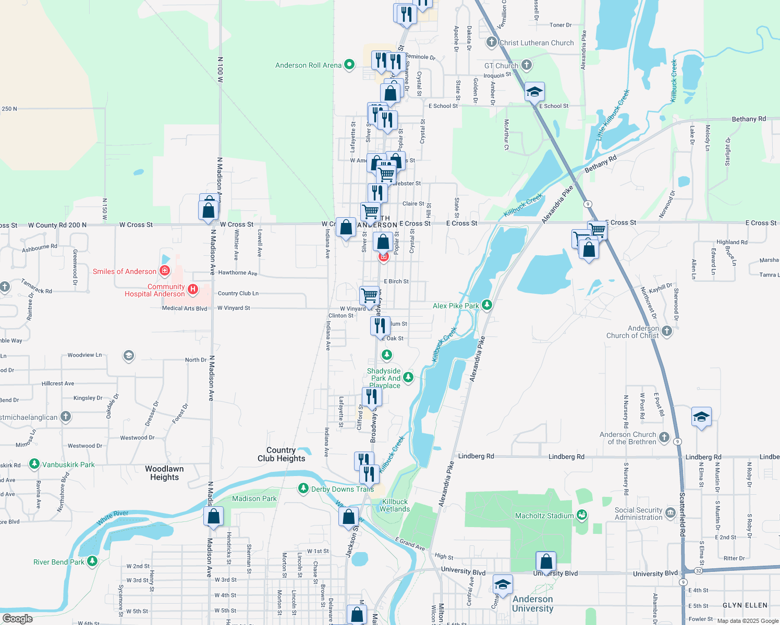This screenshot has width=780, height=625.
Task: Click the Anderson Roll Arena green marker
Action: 349,65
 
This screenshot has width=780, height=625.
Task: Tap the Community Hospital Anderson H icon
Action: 193,290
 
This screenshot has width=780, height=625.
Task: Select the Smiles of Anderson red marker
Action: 165,270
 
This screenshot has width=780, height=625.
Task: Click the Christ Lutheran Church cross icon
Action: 491,42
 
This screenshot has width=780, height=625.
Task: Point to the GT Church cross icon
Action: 527,65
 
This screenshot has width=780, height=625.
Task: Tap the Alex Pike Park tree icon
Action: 487,305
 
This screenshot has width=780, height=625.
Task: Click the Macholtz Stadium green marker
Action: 582,515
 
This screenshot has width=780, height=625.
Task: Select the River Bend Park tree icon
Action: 92,561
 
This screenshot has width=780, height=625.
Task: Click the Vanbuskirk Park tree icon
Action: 34,464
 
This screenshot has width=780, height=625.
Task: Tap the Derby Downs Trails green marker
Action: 303,489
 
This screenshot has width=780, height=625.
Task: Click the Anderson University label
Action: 532,604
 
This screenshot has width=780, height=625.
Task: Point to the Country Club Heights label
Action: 281,454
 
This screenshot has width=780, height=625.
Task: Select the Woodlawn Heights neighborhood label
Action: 164,473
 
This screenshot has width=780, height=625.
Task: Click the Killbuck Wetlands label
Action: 395,505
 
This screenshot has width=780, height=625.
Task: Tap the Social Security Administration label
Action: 638,514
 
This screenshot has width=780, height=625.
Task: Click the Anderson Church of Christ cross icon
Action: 667,331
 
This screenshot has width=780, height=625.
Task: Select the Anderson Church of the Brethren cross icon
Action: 664,437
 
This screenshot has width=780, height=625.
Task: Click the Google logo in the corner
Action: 17,618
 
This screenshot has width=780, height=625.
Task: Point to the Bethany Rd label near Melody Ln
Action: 748,119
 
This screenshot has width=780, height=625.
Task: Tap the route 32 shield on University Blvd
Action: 699,571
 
